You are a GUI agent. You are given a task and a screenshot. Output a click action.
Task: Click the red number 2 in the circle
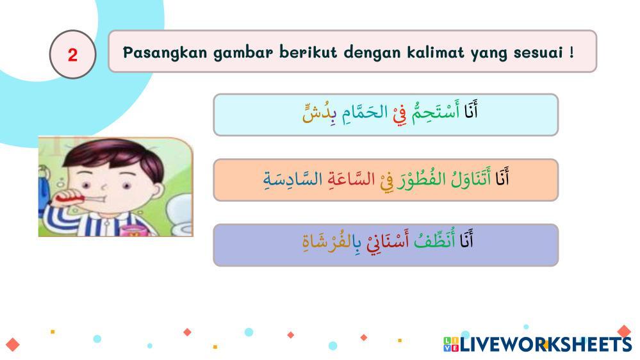click(72, 54)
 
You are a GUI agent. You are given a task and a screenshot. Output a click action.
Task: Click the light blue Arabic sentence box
click(386, 115)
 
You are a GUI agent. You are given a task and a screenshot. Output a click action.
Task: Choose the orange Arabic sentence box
click(386, 180)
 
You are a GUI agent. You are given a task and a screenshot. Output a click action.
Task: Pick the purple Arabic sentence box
click(386, 245)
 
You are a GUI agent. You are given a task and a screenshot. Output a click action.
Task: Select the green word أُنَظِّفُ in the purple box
click(434, 240)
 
